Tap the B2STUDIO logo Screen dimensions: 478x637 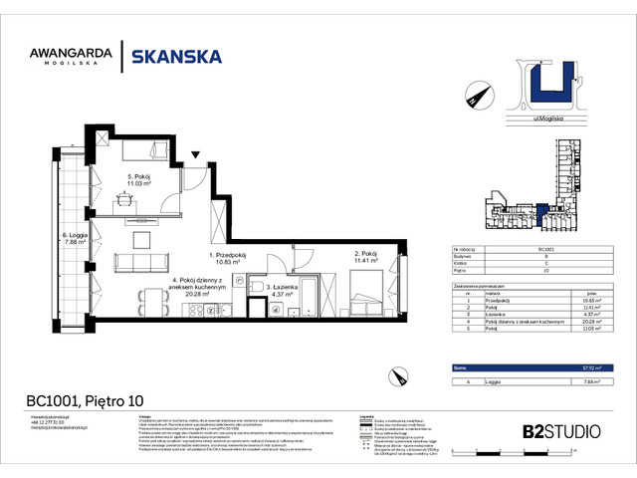[561, 431]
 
